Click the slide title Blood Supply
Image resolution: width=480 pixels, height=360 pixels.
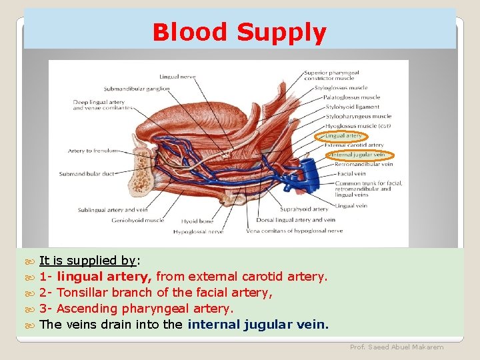point(239,32)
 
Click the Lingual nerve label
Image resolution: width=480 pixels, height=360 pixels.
point(177,77)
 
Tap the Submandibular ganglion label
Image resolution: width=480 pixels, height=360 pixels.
point(137,89)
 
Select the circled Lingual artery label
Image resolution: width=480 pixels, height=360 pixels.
point(343,136)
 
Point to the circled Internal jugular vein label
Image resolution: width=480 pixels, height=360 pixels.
point(358,155)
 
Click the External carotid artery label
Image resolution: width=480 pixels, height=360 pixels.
point(354,145)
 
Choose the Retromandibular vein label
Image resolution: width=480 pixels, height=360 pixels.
point(363,164)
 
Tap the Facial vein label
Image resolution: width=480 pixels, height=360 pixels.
point(351,173)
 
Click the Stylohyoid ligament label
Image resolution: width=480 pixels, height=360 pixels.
point(351,107)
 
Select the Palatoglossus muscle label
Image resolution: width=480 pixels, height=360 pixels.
point(352,97)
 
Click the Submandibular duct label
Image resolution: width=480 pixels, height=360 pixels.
point(87,174)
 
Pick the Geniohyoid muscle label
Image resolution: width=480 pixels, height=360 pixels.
point(137,220)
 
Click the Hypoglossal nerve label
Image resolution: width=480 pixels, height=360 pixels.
point(198,231)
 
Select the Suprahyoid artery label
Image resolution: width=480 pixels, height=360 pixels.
point(303,209)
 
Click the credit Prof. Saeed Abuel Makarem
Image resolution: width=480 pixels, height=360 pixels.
point(397,347)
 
